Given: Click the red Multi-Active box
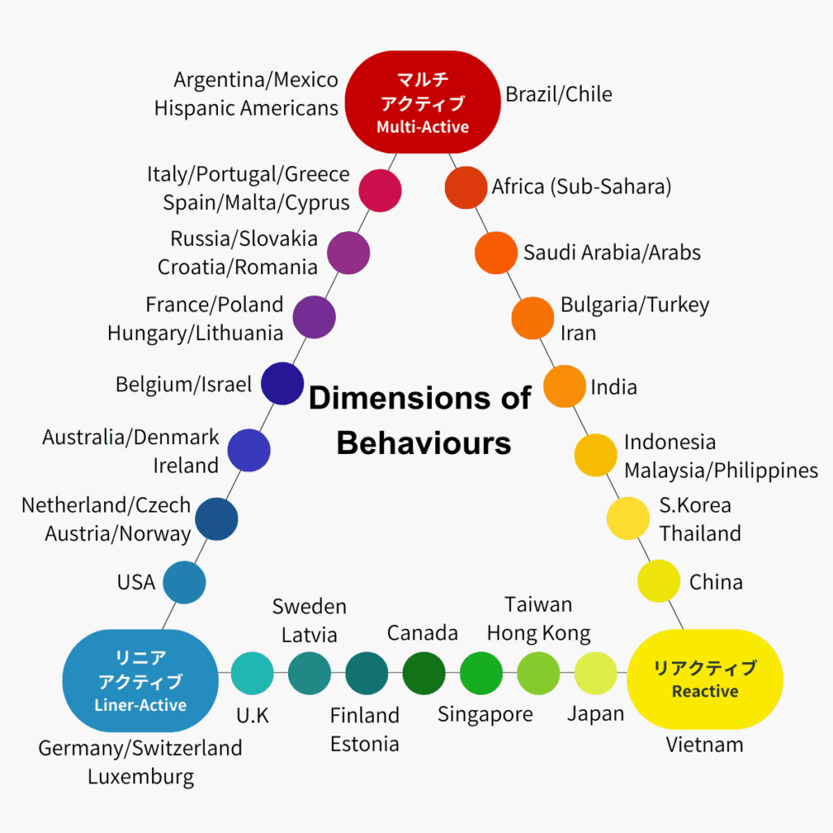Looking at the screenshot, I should [x=422, y=102].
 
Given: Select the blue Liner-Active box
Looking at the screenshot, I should [x=140, y=681].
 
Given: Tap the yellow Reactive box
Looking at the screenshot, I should [x=704, y=680].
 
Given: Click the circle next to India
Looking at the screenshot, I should [x=565, y=386].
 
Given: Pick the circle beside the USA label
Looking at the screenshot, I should [x=184, y=582].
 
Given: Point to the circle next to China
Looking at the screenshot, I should [x=658, y=581].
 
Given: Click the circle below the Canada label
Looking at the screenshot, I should [x=424, y=673].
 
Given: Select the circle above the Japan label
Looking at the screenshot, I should [x=595, y=673].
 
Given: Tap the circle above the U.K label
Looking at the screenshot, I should [x=252, y=673].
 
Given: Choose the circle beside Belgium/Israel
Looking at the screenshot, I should [x=281, y=384].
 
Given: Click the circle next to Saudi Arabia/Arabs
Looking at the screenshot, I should [x=496, y=252].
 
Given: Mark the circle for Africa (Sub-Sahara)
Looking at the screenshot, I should [x=466, y=187].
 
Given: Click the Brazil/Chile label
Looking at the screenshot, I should [x=559, y=94].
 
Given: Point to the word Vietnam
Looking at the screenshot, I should [x=704, y=744].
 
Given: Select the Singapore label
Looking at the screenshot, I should [x=485, y=714].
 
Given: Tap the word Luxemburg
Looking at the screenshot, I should [x=141, y=776].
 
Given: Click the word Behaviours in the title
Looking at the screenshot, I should [x=424, y=443].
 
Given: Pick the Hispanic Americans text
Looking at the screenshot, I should [x=246, y=107].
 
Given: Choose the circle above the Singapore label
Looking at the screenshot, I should [x=481, y=673].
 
